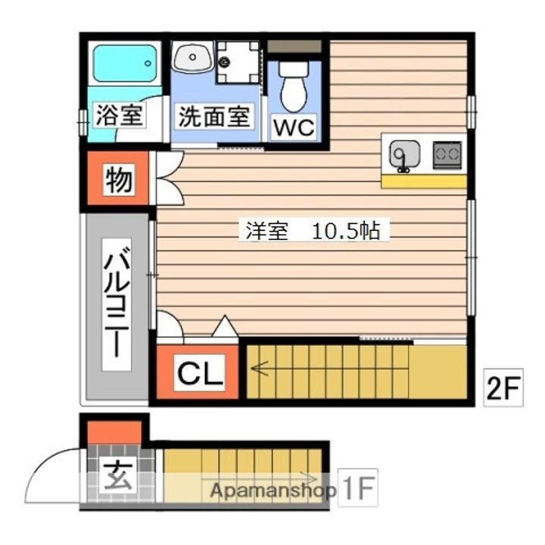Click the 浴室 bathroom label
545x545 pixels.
[x=120, y=117]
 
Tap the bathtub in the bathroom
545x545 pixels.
[x=124, y=63]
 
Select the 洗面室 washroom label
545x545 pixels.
[x=213, y=117]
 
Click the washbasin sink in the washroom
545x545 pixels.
[x=193, y=56]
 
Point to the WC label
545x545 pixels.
[x=294, y=127]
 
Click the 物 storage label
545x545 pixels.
[x=117, y=181]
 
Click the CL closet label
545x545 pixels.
[x=200, y=373]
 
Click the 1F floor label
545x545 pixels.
[x=357, y=490]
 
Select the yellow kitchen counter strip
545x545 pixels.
[x=424, y=181]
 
